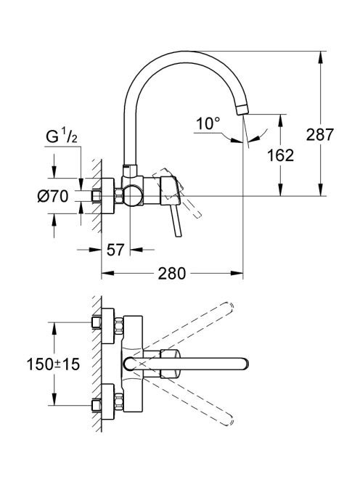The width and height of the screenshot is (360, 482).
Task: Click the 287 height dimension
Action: click(x=320, y=134)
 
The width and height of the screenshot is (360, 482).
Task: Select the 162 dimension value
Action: click(x=280, y=155)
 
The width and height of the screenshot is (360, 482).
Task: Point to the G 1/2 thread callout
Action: click(x=62, y=136)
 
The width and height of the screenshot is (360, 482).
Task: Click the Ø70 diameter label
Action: click(x=52, y=196)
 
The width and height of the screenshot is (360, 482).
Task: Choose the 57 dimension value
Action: click(x=115, y=250)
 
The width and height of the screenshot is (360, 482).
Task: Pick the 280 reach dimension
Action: click(x=172, y=273)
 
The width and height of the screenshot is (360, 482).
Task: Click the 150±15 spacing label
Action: click(x=53, y=364)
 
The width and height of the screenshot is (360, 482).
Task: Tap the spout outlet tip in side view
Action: click(x=242, y=110)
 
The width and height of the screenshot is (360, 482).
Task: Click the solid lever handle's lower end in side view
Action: click(x=179, y=235)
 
